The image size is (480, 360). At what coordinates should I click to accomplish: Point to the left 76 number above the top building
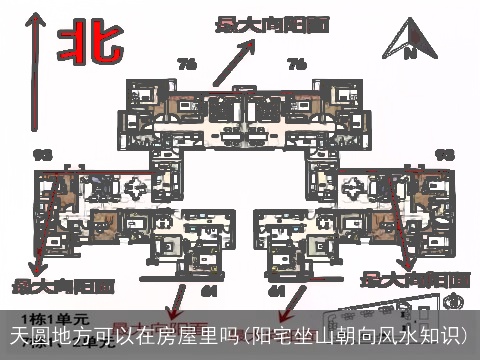coord(187,65)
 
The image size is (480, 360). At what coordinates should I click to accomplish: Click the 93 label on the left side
coord(43,154)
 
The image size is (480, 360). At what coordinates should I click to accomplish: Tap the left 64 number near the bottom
coord(209,289)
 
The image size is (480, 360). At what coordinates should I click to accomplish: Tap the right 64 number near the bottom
coord(276,289)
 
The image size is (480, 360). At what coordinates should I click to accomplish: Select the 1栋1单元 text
coord(50,317)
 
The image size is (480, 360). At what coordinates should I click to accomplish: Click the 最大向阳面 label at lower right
coord(415,277)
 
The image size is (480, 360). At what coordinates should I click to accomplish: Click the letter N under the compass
coord(409,54)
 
